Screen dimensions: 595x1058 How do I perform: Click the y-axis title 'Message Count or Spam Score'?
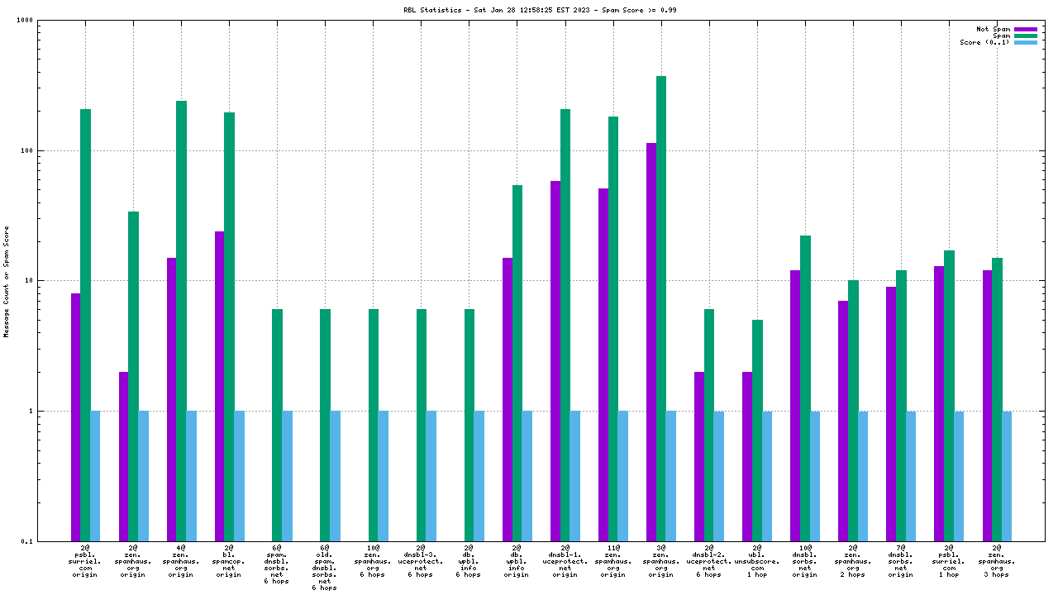[x=7, y=281]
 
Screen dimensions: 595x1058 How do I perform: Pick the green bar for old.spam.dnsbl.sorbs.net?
[x=325, y=425]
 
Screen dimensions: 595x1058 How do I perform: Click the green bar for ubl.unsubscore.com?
[x=757, y=430]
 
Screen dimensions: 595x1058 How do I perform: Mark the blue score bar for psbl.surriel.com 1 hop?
[x=959, y=475]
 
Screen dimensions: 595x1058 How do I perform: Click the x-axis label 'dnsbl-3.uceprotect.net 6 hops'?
[x=421, y=561]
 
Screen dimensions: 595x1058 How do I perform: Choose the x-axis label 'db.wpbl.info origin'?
[x=517, y=561]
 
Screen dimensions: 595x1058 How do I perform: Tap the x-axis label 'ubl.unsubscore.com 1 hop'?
[x=757, y=561]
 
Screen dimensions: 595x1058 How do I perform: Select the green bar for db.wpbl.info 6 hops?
[x=469, y=425]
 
